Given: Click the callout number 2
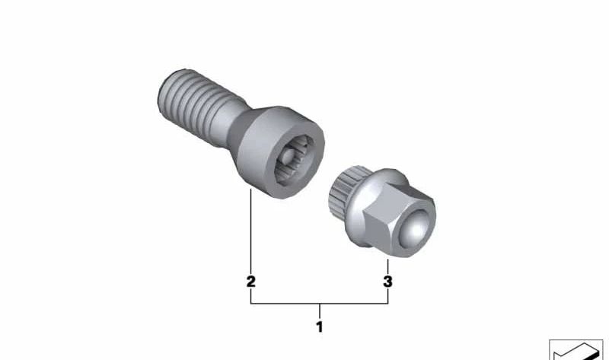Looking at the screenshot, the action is click(251, 282).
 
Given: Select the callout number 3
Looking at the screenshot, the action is click(387, 282).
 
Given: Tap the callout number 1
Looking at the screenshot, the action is click(320, 327).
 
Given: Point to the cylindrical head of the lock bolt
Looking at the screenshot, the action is click(280, 152).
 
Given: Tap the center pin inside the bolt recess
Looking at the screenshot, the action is click(289, 157).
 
